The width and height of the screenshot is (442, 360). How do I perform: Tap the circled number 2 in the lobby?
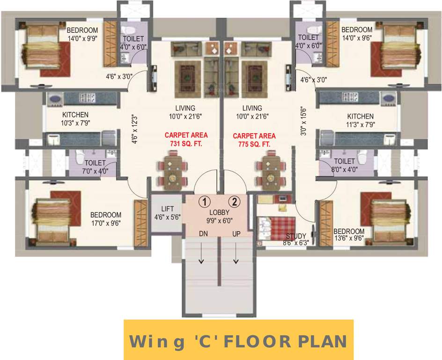(234, 202)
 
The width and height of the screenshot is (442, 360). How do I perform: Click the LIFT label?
(167, 209)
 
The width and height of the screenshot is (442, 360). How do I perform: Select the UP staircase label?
(236, 233)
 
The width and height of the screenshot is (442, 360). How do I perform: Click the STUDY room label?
(296, 236)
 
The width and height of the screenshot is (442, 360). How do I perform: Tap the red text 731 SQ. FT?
(186, 144)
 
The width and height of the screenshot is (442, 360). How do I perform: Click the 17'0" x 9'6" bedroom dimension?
(106, 223)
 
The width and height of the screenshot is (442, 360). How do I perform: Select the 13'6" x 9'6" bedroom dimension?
(349, 240)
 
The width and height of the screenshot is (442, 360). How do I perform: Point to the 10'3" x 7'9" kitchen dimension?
(75, 123)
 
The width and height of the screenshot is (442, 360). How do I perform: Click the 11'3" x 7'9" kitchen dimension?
(360, 125)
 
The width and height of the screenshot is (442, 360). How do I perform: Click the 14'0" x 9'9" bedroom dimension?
(82, 39)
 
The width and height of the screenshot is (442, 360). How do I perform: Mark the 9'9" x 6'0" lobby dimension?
(219, 220)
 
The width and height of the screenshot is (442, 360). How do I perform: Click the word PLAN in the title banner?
(322, 341)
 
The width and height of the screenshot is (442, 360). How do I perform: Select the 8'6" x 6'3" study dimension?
(296, 243)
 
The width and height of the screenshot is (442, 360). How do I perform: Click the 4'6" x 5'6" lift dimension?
(167, 217)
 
